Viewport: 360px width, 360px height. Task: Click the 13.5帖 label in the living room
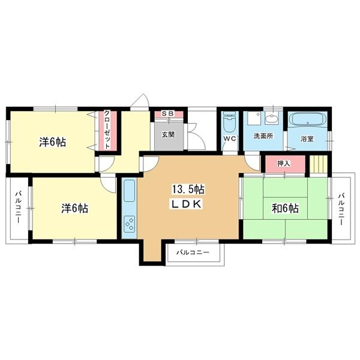coord(188,190)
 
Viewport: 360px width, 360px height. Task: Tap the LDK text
coord(187,204)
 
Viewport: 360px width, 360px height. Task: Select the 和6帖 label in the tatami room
coord(285,208)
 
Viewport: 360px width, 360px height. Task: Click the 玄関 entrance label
coord(168,134)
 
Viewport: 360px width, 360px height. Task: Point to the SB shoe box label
coord(168,113)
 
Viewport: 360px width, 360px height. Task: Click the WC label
coord(230,139)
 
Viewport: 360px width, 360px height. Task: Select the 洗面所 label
coord(263,136)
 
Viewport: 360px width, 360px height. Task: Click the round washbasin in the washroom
coord(272,118)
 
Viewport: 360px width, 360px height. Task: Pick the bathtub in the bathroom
coord(307,120)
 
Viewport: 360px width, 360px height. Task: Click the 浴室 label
coord(307,139)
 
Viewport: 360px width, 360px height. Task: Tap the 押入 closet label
coord(284,163)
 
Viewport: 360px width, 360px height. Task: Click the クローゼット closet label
coord(107,130)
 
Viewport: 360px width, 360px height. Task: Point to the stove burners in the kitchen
coord(129,223)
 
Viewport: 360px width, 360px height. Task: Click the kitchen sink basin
coord(129,191)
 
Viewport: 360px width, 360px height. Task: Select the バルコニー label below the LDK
coord(193,253)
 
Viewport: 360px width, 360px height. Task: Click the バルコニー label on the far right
coord(341,209)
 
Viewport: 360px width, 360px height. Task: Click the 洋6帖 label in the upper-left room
coord(53,142)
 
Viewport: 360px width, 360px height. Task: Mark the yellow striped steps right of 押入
coord(318,164)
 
